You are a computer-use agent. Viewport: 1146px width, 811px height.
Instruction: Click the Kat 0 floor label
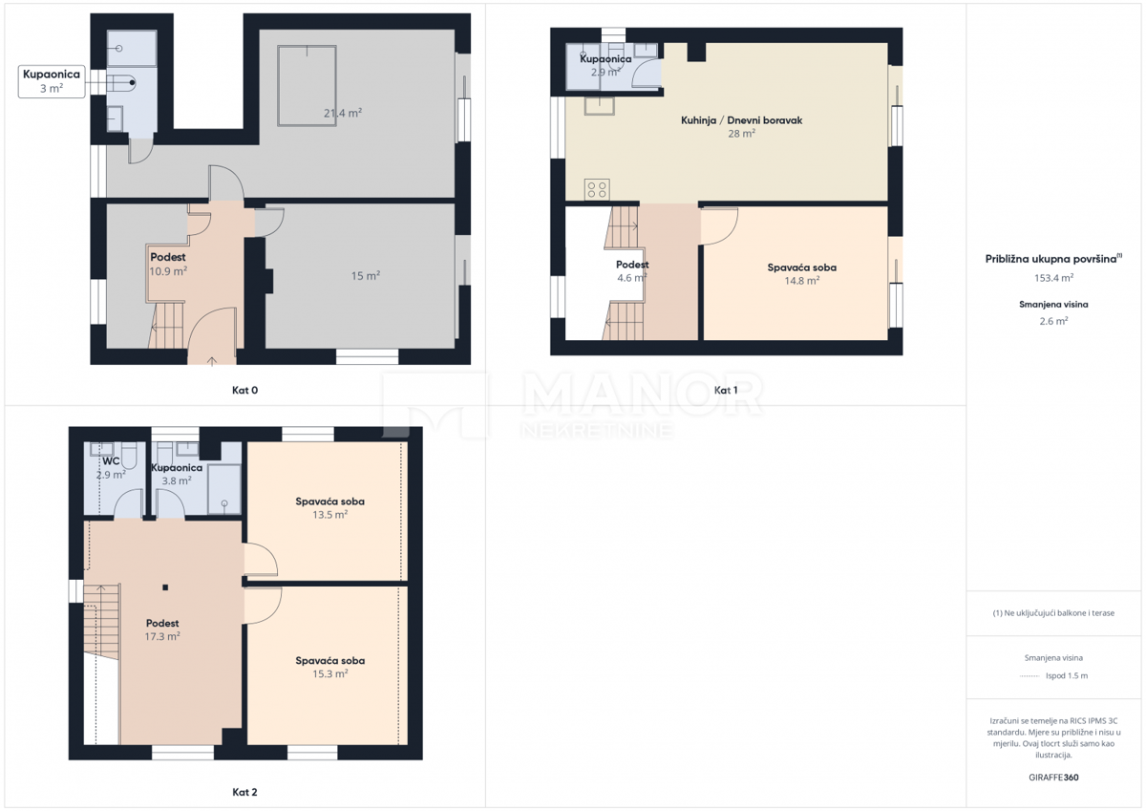(245, 390)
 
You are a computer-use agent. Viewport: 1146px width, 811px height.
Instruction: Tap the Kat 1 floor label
(726, 390)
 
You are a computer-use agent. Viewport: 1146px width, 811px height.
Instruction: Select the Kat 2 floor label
(245, 792)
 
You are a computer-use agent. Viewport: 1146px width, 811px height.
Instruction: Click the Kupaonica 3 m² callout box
(52, 80)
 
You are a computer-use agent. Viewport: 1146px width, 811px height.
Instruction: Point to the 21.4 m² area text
(342, 113)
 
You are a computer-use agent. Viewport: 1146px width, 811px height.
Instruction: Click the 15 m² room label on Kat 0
(365, 276)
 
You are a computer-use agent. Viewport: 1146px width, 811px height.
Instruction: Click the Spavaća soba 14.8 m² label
(801, 274)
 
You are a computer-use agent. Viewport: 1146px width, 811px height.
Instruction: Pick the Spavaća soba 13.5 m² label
(329, 507)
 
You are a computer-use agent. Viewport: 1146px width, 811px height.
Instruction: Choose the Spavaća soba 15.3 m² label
(329, 667)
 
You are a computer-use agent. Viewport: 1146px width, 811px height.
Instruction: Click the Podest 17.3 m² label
(162, 630)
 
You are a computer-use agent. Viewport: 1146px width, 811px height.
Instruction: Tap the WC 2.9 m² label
(111, 467)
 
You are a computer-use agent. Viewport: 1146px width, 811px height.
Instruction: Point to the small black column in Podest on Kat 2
(165, 587)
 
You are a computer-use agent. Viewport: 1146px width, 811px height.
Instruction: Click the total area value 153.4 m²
(1053, 278)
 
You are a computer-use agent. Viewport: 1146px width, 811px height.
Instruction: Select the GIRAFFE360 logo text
(1053, 778)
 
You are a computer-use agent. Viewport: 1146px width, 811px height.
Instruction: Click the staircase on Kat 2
(100, 621)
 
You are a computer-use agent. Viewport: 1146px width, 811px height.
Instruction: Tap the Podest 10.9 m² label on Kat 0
(168, 264)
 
